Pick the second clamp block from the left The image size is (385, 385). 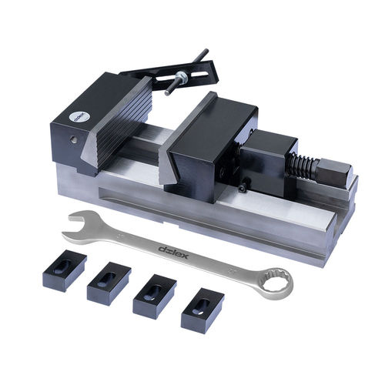pos(107,283)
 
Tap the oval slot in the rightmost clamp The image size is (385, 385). pos(202,303)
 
